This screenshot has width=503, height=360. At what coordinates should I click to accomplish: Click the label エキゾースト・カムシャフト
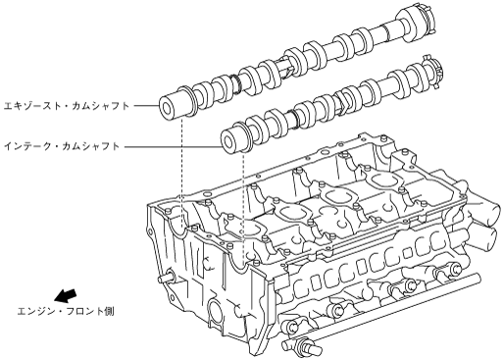click(x=67, y=106)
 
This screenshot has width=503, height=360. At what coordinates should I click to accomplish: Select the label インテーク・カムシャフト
click(x=62, y=146)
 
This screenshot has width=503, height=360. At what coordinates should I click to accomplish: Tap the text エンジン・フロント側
click(x=66, y=311)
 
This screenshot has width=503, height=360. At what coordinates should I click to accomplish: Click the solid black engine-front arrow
click(x=65, y=295)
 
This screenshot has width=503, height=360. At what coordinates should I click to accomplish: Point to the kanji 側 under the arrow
click(x=110, y=311)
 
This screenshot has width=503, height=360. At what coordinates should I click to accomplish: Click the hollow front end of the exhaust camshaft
click(x=167, y=108)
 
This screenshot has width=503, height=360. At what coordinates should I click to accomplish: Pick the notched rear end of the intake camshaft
click(x=432, y=73)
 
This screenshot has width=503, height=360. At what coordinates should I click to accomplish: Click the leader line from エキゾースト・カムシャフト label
click(x=146, y=106)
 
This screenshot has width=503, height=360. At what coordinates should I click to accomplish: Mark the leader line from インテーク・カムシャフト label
click(x=173, y=146)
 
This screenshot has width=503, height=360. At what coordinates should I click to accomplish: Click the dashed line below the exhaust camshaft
click(x=181, y=174)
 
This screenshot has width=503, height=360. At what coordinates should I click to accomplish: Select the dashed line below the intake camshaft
click(x=243, y=207)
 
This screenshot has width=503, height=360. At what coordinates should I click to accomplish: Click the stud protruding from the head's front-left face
click(x=165, y=278)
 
